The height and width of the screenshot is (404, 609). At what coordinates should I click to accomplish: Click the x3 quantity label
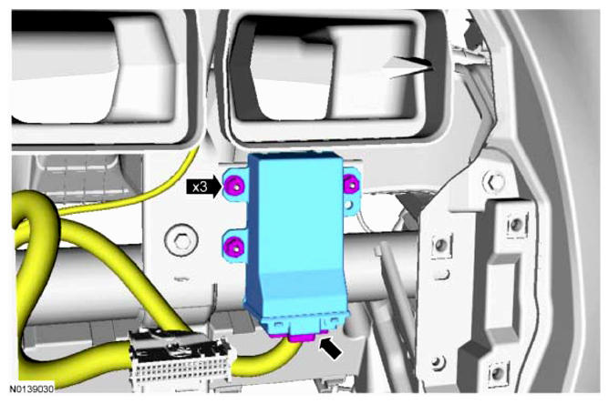click(x=200, y=187)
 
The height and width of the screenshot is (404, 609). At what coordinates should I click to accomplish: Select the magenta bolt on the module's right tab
click(x=351, y=183)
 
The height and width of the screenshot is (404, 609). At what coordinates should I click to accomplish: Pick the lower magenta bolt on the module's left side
click(x=234, y=247)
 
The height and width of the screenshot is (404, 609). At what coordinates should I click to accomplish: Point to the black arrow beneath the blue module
click(x=331, y=348)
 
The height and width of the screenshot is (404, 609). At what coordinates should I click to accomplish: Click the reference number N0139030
click(x=32, y=389)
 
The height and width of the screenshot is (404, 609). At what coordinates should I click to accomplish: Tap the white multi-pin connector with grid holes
click(x=181, y=360)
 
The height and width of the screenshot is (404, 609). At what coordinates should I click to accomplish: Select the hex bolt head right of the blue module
click(x=494, y=181)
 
